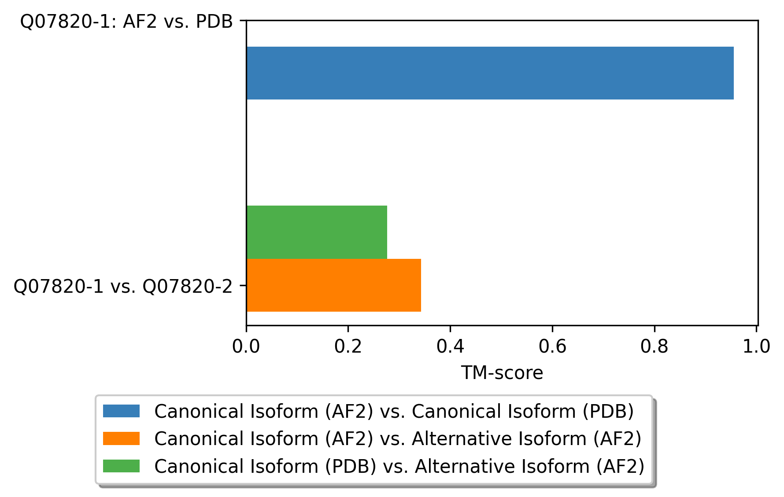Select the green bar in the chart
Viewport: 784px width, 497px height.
[x=317, y=232]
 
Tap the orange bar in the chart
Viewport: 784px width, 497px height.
[x=333, y=285]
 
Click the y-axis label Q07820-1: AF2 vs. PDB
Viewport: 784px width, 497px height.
[x=126, y=22]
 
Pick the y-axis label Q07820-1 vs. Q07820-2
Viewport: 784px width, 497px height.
[x=123, y=287]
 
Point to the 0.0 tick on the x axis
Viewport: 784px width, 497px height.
[x=246, y=346]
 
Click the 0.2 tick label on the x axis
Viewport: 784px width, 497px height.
[x=348, y=346]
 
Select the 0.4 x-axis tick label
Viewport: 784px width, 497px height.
[x=450, y=346]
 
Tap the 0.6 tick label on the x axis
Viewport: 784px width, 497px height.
[x=552, y=346]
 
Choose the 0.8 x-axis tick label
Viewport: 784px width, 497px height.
[x=654, y=346]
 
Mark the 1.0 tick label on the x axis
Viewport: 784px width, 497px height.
[x=756, y=346]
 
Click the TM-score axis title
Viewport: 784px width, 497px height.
[x=502, y=373]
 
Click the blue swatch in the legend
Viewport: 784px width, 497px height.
[x=121, y=411]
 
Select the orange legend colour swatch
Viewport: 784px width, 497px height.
[x=121, y=438]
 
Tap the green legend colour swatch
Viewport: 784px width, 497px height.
[x=121, y=466]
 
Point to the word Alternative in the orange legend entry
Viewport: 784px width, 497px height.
[x=462, y=438]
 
